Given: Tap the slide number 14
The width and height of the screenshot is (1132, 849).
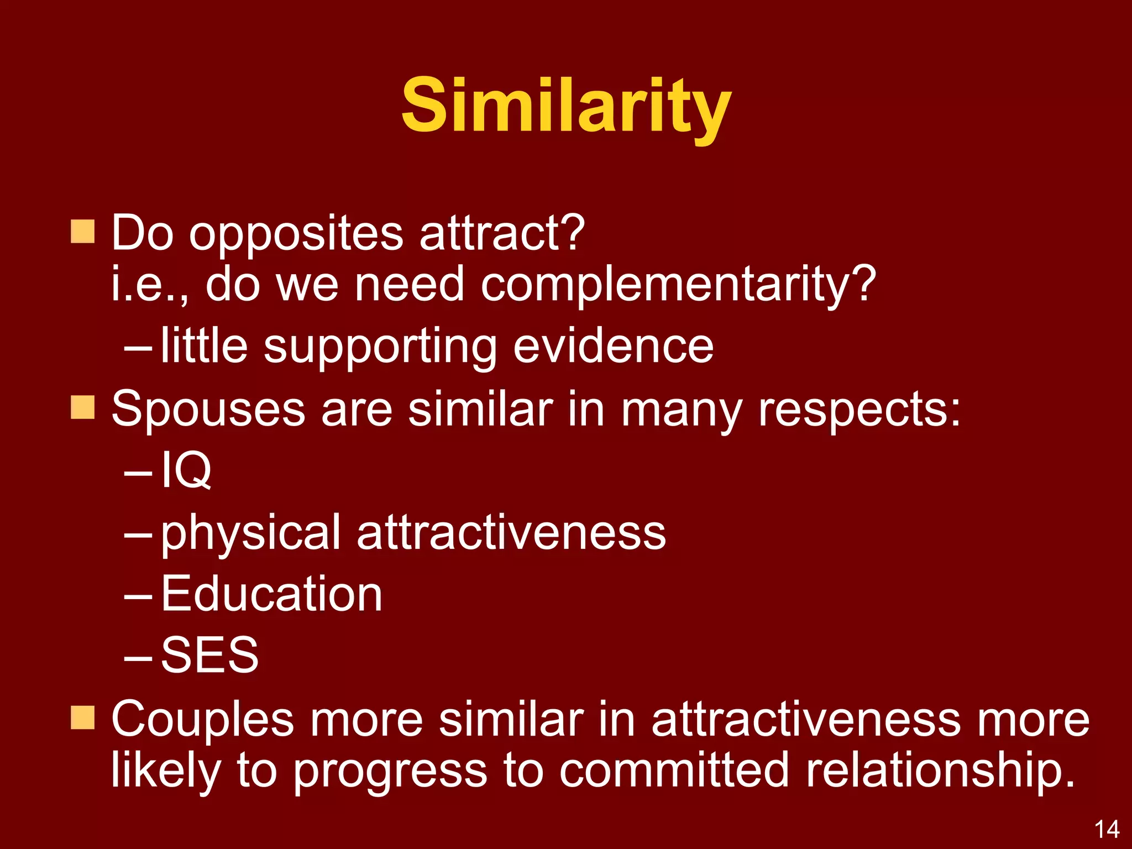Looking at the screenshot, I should coord(1107,830).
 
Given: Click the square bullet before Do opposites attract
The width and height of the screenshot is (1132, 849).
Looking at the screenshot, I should coord(83,232).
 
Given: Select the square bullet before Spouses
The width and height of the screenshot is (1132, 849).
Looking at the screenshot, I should coord(83,407).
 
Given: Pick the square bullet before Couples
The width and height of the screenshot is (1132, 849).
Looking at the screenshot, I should coord(83,717).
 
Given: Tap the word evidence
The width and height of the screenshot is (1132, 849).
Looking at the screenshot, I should coord(613,347).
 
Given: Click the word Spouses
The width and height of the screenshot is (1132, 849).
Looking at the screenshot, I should coord(208,411).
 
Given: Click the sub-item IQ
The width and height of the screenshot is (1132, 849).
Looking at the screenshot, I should coord(186,470).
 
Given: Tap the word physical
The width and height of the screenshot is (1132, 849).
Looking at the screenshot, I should coord(250,533).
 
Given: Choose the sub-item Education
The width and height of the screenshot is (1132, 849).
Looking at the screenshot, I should coord(271,594).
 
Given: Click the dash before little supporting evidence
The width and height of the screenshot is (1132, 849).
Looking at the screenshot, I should coord(138,349).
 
